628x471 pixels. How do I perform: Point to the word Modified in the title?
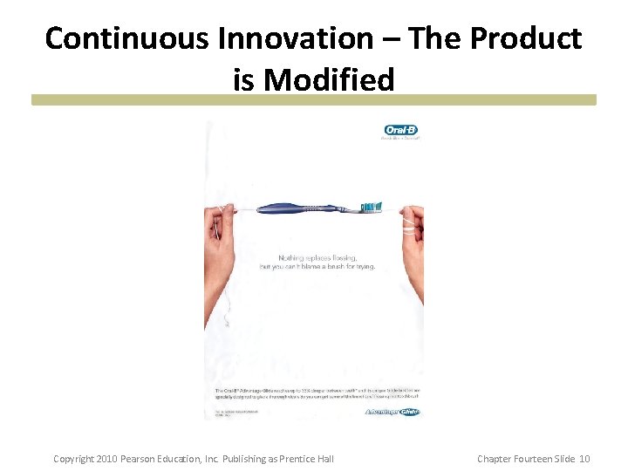tap(329, 80)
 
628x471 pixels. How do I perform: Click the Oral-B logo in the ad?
tap(401, 131)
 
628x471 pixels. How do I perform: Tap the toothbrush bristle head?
tap(372, 207)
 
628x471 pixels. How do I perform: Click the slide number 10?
tap(584, 459)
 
